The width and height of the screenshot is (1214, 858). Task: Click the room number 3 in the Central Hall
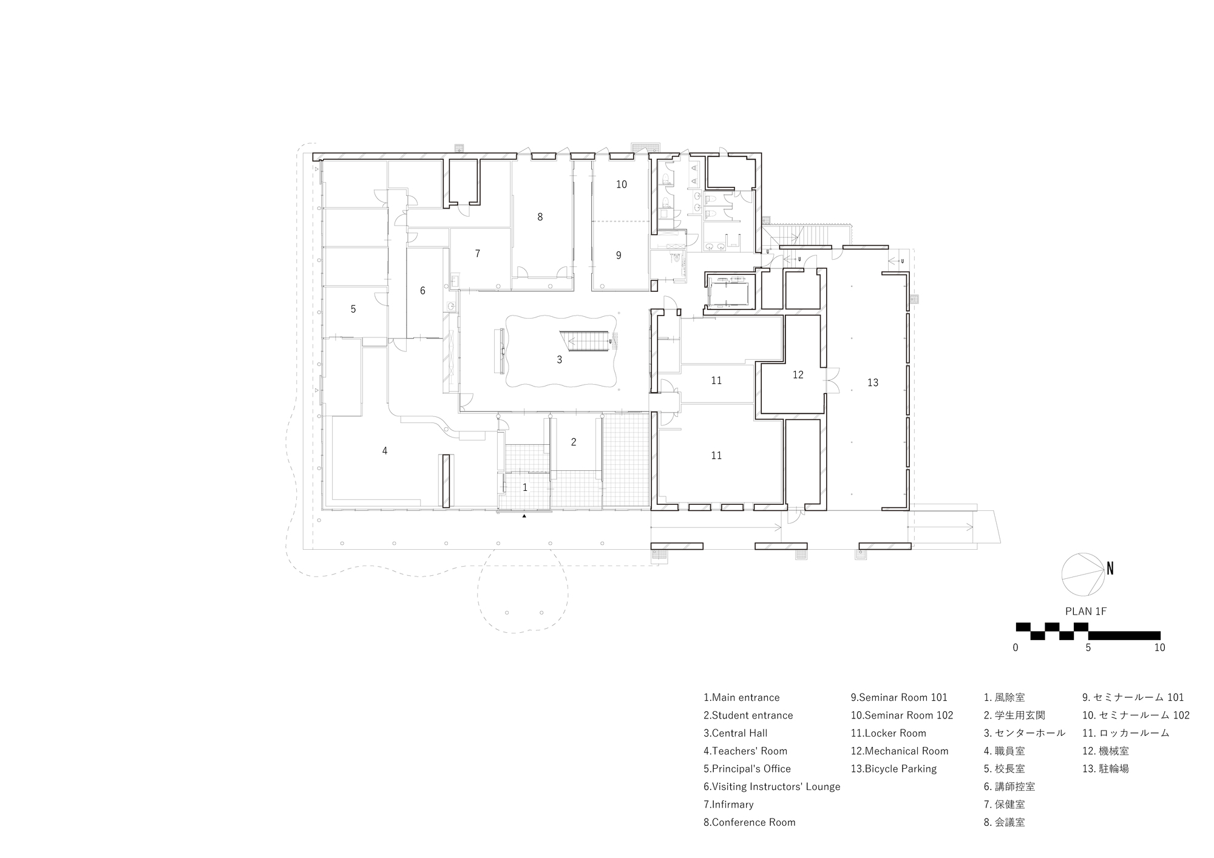[x=559, y=360]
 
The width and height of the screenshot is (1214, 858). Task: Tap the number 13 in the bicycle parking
[x=872, y=383]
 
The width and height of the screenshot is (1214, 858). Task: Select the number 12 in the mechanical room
[x=798, y=375]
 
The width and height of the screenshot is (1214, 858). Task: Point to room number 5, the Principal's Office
[x=353, y=309]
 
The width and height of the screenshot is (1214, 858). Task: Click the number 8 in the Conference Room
[x=540, y=217]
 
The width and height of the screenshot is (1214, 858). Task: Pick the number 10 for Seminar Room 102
[x=621, y=184]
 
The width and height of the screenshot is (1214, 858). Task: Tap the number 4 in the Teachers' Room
[x=384, y=451]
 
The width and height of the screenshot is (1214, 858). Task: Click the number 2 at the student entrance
[x=574, y=442]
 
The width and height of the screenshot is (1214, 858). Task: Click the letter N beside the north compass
[x=1110, y=569]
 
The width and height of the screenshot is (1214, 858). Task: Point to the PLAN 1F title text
[x=1086, y=611]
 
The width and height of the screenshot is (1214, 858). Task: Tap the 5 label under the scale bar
[x=1088, y=647]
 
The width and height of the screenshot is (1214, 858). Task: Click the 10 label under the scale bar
[x=1159, y=647]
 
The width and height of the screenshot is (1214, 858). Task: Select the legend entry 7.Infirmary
[x=728, y=805]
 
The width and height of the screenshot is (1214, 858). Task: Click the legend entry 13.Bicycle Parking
[x=894, y=769]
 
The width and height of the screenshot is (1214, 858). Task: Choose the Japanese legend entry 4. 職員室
[x=1004, y=751]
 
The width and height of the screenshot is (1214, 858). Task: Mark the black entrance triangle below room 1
[x=524, y=516]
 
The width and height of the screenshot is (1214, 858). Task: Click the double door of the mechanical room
[x=832, y=380]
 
